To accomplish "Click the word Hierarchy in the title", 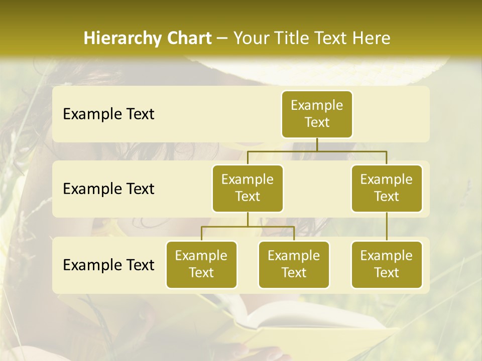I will pos(117,38).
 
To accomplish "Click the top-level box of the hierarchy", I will pos(317,114).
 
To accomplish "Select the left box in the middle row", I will pos(248,189).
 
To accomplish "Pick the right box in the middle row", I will pos(387,189).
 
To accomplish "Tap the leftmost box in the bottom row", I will pos(201,265).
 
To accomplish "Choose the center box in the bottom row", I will pos(294,265).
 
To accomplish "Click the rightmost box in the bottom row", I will pos(387,265).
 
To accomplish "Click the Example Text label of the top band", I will pos(108,114).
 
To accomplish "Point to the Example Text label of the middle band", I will pos(108,189).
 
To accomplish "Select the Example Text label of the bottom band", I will pos(108,265).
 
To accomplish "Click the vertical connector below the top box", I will pos(317,144).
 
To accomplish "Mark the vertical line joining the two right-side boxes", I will pos(387,227).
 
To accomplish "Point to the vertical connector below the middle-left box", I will pos(248,219).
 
